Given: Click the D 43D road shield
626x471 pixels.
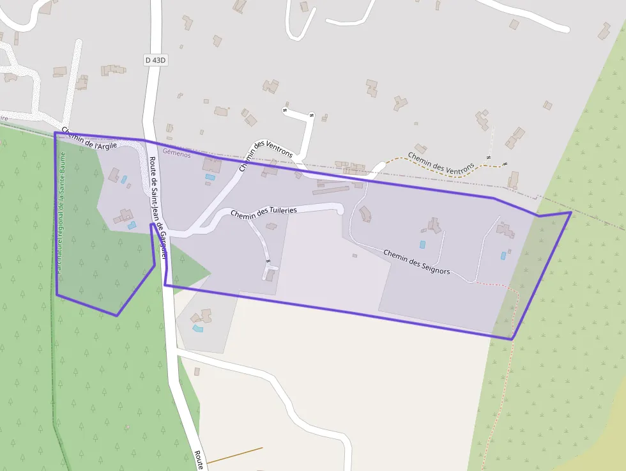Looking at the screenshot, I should tap(155, 60).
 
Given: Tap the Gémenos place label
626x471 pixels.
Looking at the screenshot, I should tap(177, 153).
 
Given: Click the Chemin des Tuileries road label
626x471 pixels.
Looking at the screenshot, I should tap(263, 212).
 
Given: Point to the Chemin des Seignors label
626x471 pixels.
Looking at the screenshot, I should tap(416, 262).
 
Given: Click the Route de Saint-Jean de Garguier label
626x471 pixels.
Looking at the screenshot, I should tap(158, 207).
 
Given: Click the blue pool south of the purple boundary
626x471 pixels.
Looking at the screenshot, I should tap(198, 328).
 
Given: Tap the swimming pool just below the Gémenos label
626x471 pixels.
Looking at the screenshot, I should tap(210, 177).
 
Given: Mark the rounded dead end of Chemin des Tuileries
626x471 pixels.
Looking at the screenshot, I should tap(340, 208).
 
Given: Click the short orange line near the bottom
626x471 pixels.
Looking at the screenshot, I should tap(234, 454).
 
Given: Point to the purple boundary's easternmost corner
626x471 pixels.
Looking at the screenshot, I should tap(570, 212).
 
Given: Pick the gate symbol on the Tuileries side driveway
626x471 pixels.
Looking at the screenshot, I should tap(268, 261).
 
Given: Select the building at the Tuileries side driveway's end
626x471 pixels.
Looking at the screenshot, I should tap(271, 275).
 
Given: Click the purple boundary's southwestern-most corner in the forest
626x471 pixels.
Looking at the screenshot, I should tap(116, 315).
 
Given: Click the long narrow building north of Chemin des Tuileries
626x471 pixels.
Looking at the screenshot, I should tap(331, 190).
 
